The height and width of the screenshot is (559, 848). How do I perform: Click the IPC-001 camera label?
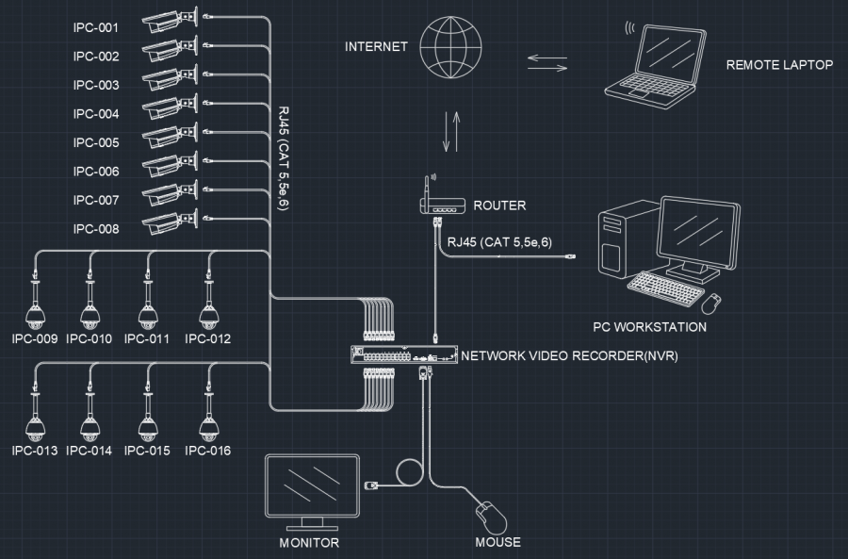click(95, 27)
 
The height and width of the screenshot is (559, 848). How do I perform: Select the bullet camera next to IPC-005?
click(170, 138)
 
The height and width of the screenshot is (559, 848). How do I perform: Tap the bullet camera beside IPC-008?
click(170, 223)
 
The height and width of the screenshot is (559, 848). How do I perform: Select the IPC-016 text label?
click(208, 451)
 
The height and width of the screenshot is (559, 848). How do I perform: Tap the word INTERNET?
click(376, 46)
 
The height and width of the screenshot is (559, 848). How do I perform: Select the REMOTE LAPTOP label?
click(779, 65)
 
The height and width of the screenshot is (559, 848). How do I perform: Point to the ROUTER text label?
click(499, 206)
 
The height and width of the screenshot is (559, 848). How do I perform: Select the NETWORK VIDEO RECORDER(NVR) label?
click(569, 356)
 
